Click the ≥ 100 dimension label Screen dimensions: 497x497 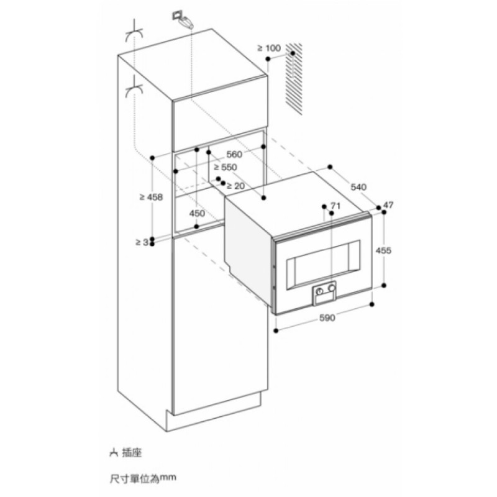pyautogui.click(x=269, y=48)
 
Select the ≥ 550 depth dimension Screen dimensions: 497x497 pyautogui.click(x=225, y=168)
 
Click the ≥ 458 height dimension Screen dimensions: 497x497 pyautogui.click(x=151, y=197)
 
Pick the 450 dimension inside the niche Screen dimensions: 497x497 pyautogui.click(x=197, y=213)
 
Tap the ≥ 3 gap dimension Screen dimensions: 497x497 pyautogui.click(x=141, y=242)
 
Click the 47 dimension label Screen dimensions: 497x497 pyautogui.click(x=389, y=204)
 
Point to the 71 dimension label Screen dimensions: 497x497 pyautogui.click(x=336, y=206)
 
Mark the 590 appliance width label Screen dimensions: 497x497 pyautogui.click(x=327, y=318)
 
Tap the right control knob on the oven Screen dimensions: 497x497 pyautogui.click(x=333, y=289)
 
